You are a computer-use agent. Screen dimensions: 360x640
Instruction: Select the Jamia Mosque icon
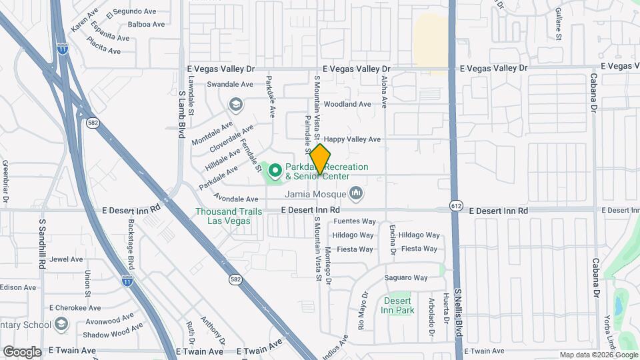coord(357,194)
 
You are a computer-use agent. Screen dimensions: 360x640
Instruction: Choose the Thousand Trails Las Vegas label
coord(223,215)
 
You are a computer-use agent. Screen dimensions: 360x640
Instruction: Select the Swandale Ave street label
coord(230,85)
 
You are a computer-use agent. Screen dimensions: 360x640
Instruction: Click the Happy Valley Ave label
coord(352,139)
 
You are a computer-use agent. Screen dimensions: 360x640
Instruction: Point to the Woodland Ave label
coord(347,105)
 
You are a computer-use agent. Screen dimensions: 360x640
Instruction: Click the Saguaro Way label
coord(405,278)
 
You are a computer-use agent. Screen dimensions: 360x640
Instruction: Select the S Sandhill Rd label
coord(41,244)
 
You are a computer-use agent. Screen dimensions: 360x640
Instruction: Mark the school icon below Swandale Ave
coord(235,105)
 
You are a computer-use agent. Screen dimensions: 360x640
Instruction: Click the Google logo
coord(22,352)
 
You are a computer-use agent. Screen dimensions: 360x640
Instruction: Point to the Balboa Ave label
coord(146,25)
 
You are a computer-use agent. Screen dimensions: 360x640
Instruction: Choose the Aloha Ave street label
coord(384,91)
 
